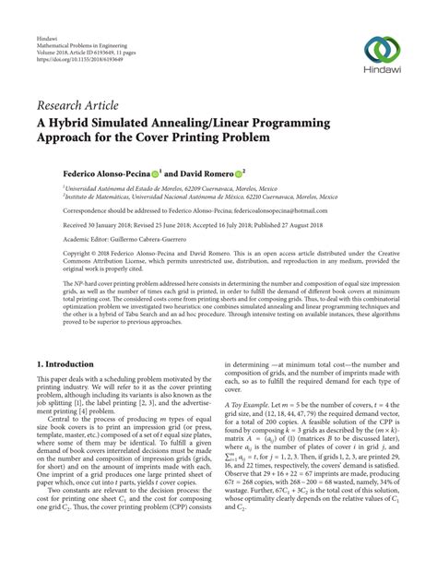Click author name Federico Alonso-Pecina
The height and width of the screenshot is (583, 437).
tap(109, 173)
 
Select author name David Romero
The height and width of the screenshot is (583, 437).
tap(216, 173)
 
